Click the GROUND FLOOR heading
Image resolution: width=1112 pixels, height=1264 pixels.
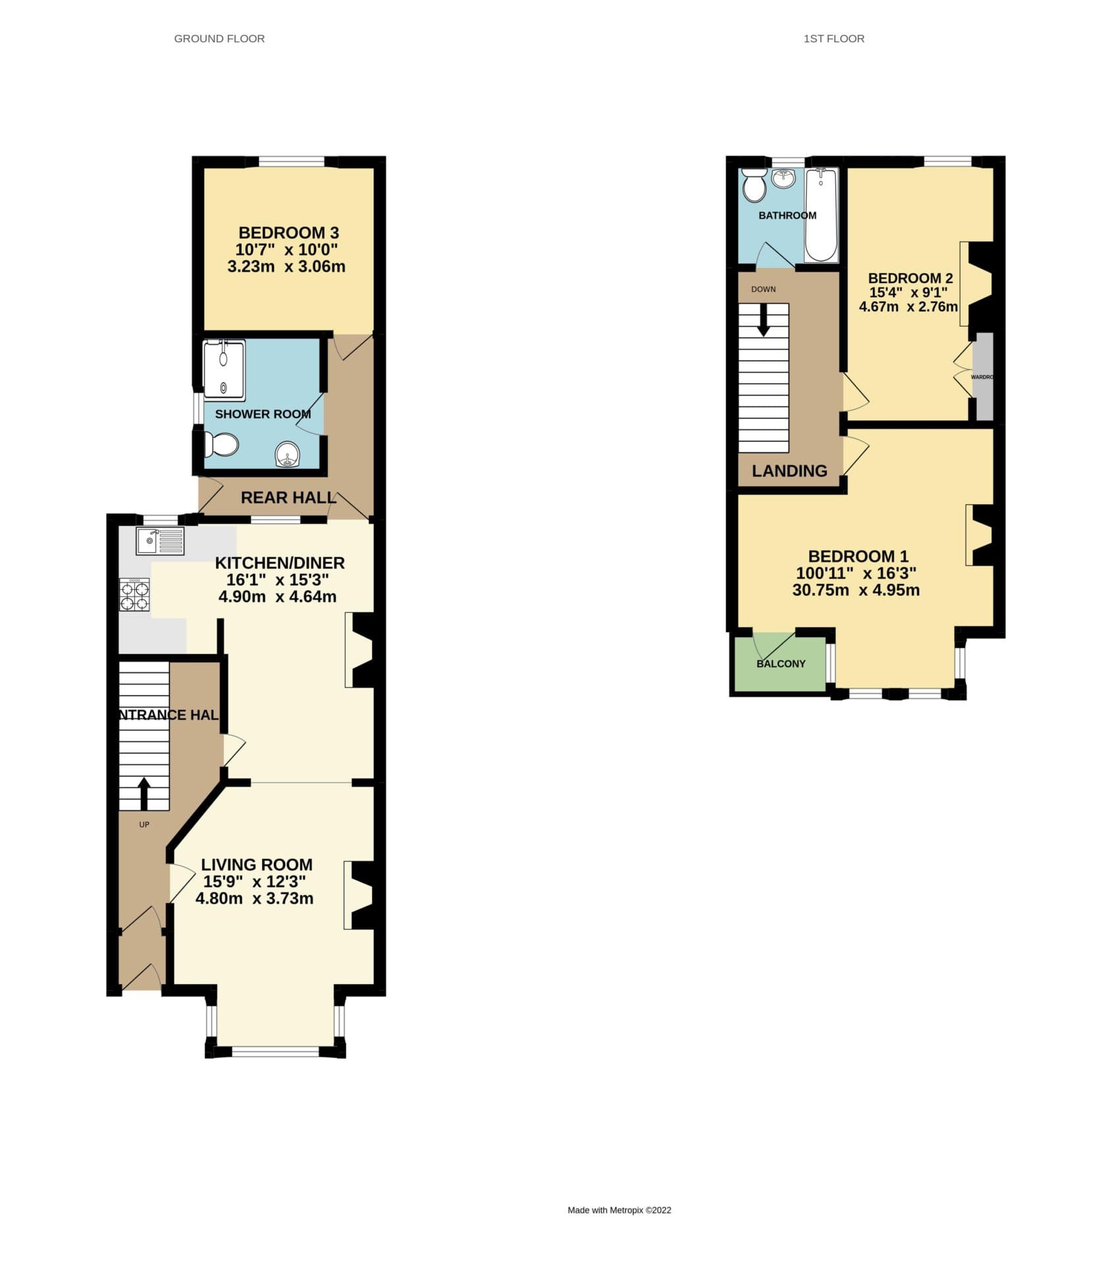[219, 39]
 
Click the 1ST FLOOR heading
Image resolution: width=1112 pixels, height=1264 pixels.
[834, 39]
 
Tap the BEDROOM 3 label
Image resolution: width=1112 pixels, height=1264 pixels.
[288, 232]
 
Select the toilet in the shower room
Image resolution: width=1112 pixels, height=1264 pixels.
[221, 444]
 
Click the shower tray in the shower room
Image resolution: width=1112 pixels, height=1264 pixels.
[224, 369]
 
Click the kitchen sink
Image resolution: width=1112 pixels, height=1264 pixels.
[161, 541]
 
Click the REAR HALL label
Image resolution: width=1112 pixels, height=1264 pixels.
[288, 498]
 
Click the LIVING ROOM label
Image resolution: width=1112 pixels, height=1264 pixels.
[257, 864]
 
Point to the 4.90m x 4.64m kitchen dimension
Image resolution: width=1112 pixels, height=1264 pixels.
[277, 597]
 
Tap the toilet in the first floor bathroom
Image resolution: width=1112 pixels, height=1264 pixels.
[753, 185]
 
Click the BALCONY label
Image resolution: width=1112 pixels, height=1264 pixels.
[781, 664]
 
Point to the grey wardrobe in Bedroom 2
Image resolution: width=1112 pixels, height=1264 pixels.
[984, 377]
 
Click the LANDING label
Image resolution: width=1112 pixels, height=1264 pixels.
[789, 471]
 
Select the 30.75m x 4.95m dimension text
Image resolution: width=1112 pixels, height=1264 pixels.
[856, 590]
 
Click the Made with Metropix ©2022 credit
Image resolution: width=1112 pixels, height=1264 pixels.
[619, 1210]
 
